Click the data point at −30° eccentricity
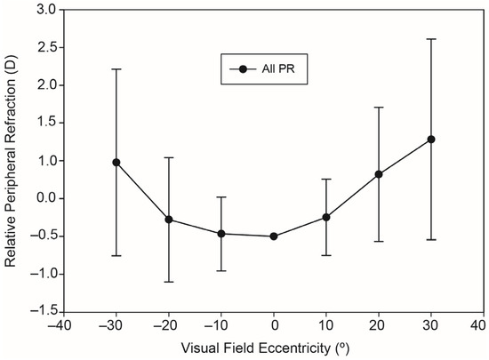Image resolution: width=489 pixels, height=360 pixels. pyautogui.click(x=116, y=163)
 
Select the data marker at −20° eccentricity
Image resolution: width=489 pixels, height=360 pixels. pyautogui.click(x=169, y=220)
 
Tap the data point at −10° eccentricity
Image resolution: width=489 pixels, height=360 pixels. pyautogui.click(x=221, y=234)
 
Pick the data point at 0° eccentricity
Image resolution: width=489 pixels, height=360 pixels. pyautogui.click(x=274, y=236)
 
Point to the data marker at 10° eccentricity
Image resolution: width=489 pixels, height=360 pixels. pyautogui.click(x=326, y=217)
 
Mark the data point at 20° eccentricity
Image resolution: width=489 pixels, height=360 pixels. pyautogui.click(x=379, y=174)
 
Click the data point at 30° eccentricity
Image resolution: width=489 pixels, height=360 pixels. pyautogui.click(x=431, y=140)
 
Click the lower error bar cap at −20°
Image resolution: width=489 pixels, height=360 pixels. pyautogui.click(x=169, y=282)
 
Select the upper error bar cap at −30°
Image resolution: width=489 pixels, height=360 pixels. pyautogui.click(x=116, y=68)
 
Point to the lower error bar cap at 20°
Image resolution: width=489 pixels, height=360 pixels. pyautogui.click(x=379, y=241)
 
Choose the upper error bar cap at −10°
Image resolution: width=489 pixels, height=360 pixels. pyautogui.click(x=221, y=197)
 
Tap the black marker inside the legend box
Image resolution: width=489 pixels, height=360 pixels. pyautogui.click(x=244, y=68)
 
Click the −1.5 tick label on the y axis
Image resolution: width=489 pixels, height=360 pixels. pyautogui.click(x=43, y=311)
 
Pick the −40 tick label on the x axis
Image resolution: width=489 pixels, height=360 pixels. pyautogui.click(x=61, y=326)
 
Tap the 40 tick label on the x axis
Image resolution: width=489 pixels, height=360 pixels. pyautogui.click(x=483, y=326)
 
